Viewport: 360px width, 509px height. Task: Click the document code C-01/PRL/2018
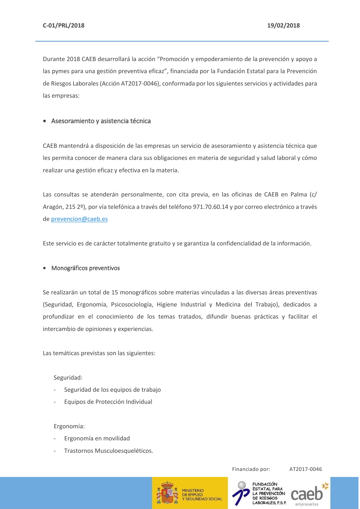click(63, 25)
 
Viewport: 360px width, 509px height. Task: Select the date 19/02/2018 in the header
click(283, 25)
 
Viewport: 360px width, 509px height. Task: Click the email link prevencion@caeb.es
click(79, 219)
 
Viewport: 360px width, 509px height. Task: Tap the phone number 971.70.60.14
click(210, 207)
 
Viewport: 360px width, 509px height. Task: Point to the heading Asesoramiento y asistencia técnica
click(101, 121)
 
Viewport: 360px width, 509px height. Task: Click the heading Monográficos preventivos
click(86, 268)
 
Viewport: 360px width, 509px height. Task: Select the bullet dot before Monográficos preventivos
click(45, 268)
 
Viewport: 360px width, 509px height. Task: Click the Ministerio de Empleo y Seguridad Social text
click(202, 495)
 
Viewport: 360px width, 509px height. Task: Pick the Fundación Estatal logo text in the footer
click(269, 493)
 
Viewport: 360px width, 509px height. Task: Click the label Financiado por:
click(251, 469)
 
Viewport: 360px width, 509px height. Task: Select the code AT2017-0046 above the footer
click(305, 469)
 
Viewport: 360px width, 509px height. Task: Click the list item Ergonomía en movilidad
click(97, 438)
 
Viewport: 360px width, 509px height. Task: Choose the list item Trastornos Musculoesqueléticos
click(109, 451)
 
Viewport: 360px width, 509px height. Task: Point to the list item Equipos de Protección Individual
click(108, 402)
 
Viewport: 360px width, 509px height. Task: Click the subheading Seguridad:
click(68, 378)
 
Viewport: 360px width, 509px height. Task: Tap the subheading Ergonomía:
click(69, 426)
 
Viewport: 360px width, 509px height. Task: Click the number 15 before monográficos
click(115, 292)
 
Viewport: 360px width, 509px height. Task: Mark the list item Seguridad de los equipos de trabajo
click(112, 390)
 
